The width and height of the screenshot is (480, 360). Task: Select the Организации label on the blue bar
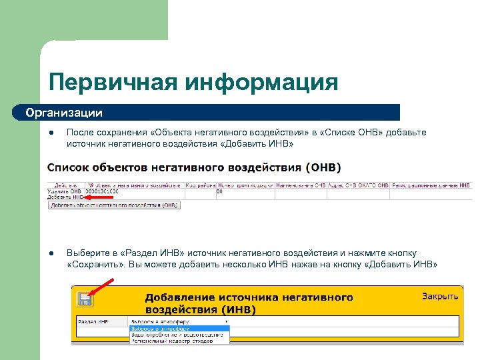[x=64, y=112]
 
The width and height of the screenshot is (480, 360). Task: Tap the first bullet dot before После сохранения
[x=51, y=133]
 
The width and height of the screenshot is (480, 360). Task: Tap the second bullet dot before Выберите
[x=51, y=253]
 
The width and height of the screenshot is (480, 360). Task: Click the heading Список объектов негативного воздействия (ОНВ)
[x=198, y=167]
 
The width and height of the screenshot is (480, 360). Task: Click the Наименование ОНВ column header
[x=300, y=185]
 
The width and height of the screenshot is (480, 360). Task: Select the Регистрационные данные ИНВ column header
[x=431, y=185]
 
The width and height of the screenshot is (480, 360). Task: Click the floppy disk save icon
[x=85, y=299]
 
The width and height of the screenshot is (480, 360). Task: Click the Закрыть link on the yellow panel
[x=440, y=295]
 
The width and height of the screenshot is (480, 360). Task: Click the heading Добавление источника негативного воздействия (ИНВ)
[x=249, y=303]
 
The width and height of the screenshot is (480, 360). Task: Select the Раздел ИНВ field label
[x=93, y=321]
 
